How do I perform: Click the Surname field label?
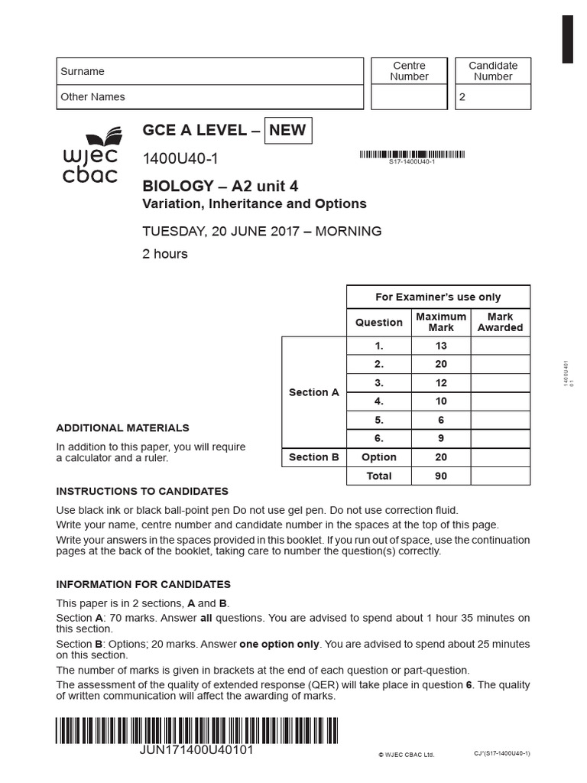(x=83, y=71)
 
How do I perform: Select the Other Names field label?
(x=92, y=97)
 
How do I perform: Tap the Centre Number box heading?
(x=409, y=71)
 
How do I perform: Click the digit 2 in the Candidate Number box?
(x=462, y=98)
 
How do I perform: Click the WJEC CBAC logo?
(x=90, y=158)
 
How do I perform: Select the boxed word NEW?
(x=287, y=130)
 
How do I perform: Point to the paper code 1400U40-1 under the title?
(x=180, y=159)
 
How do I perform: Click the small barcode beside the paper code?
(x=411, y=155)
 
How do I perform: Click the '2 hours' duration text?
(x=165, y=254)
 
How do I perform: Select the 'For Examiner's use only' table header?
(x=438, y=297)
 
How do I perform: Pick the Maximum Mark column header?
(x=441, y=322)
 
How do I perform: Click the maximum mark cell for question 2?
(x=441, y=364)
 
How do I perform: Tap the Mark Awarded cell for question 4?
(x=500, y=401)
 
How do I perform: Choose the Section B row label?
(x=313, y=457)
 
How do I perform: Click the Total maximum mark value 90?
(x=441, y=476)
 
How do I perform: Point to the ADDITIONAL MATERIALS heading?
(x=122, y=428)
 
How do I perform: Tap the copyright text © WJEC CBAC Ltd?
(x=406, y=755)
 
